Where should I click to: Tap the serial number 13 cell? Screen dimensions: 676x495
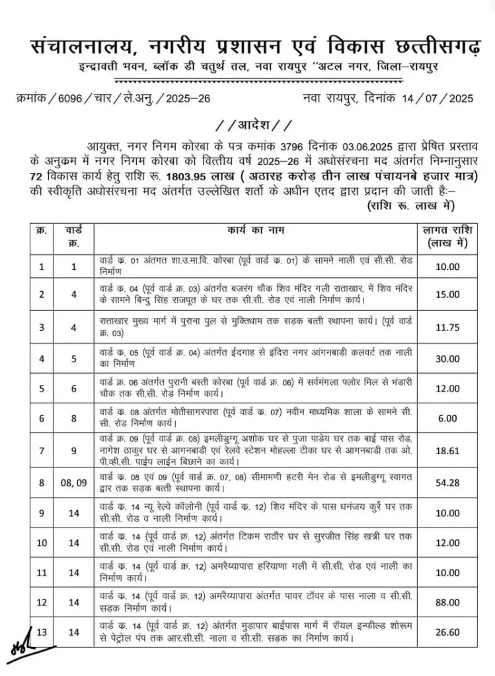[42, 632]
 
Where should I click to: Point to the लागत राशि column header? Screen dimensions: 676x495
[447, 236]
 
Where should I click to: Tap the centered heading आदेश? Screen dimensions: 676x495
[248, 125]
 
